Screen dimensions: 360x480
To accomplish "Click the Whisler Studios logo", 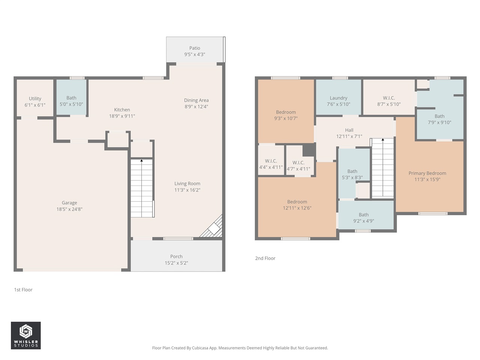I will [25, 335].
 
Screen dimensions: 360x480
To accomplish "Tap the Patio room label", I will [195, 48].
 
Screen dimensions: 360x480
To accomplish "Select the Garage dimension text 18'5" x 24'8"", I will [69, 209].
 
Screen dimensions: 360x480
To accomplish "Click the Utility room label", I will [35, 99].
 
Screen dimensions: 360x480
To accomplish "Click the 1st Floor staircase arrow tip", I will [142, 160].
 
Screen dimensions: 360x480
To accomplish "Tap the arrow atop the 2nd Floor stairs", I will [383, 139].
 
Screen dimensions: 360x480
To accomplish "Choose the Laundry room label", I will [338, 98].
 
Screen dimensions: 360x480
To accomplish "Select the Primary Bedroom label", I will [427, 173].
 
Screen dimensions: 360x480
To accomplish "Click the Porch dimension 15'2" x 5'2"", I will [176, 263].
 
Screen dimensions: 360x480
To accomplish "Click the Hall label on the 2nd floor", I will [349, 130].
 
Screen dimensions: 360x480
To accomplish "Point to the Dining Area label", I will [196, 100].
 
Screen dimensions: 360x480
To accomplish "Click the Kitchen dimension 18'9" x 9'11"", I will [122, 116].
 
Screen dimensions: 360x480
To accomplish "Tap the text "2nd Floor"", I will [265, 258].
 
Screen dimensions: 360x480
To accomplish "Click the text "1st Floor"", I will [23, 290].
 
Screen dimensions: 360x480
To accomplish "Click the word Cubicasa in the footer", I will [201, 348].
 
